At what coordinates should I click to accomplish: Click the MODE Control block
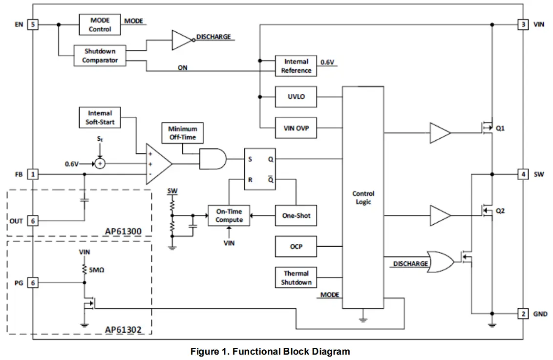[100, 25]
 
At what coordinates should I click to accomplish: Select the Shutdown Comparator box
[100, 56]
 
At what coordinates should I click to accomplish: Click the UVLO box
[296, 97]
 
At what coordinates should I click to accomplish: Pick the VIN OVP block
[296, 129]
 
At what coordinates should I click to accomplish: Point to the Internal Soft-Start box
[99, 118]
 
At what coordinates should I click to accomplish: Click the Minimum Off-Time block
[182, 133]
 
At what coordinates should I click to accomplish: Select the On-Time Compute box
[229, 216]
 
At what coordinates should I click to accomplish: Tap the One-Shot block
[296, 215]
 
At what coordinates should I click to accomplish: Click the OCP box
[296, 247]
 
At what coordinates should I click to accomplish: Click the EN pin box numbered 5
[33, 24]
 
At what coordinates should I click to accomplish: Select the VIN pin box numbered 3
[523, 24]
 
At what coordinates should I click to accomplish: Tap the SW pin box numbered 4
[523, 174]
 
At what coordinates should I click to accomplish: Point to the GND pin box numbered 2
[523, 314]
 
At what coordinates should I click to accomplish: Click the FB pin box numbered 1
[33, 174]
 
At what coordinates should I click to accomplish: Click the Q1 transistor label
[500, 129]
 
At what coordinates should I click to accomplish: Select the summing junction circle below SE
[100, 164]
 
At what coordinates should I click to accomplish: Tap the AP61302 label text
[123, 330]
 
